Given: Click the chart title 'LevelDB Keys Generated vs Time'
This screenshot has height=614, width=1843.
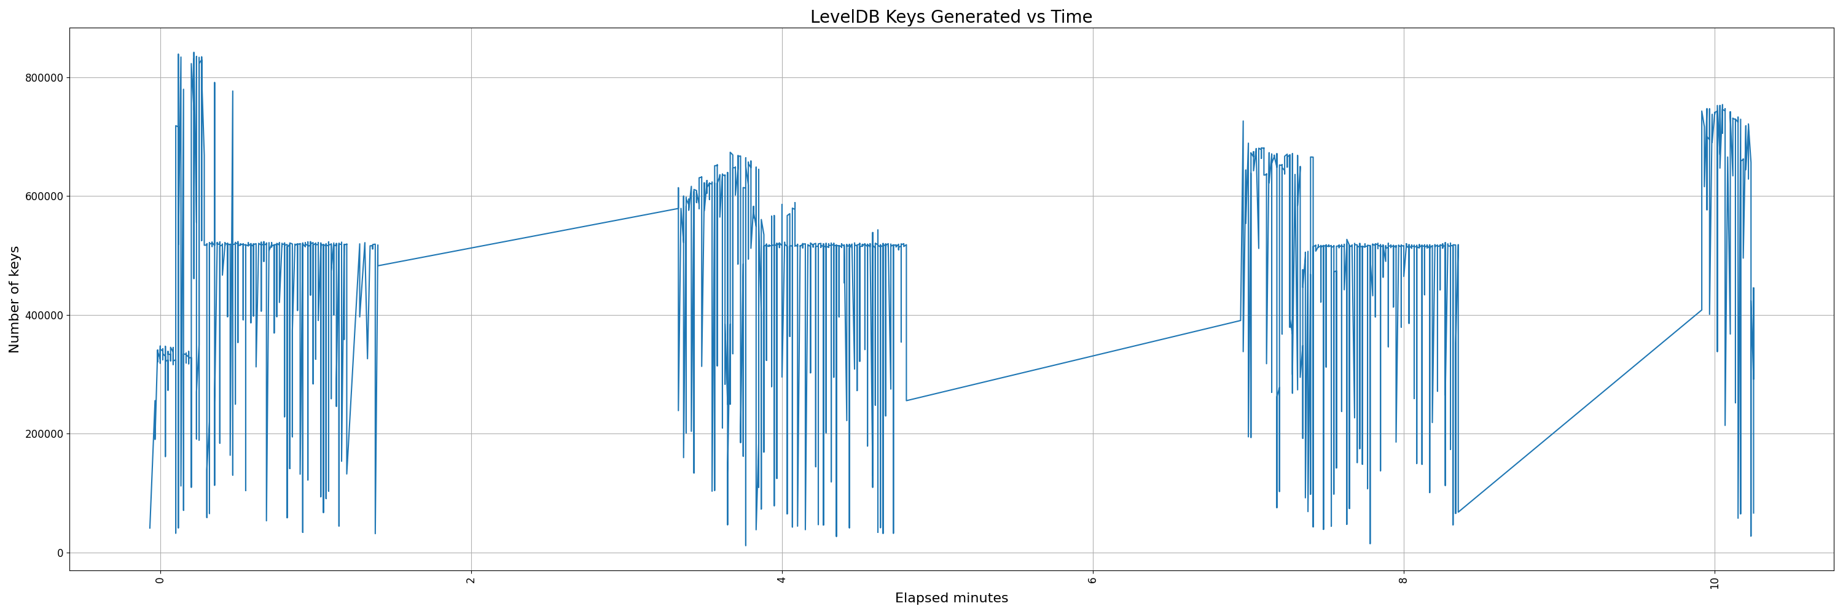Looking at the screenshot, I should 951,17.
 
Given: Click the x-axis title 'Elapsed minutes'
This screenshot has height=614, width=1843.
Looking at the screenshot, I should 951,598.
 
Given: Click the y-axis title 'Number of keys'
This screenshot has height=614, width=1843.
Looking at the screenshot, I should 14,300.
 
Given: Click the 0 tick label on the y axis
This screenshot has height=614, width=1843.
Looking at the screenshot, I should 60,553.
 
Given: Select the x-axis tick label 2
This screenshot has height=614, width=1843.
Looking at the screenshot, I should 471,580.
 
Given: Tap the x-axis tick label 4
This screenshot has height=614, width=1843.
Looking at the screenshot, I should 782,580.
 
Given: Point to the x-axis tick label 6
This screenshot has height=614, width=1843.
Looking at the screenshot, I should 1092,580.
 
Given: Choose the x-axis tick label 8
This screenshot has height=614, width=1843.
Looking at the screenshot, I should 1404,580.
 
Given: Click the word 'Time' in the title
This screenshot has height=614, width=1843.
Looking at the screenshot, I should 1071,17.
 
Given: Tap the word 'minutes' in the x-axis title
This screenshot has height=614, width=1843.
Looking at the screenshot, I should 979,598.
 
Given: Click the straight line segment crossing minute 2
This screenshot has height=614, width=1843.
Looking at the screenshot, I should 471,248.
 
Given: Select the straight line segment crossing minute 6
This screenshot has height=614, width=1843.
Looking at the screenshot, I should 1092,356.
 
